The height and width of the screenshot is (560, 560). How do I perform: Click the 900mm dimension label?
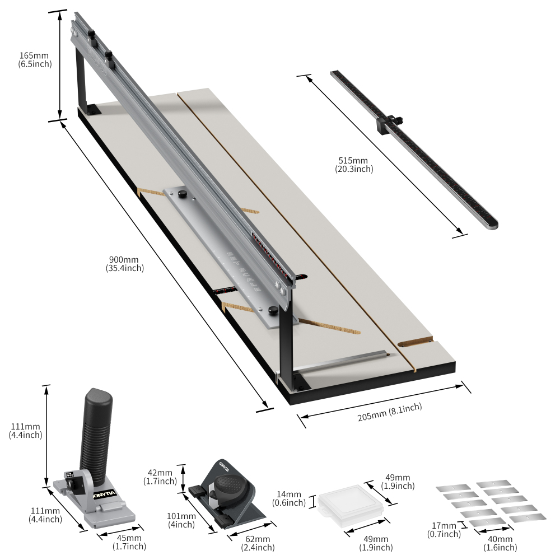coord(124,264)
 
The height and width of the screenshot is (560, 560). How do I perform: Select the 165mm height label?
coord(35,59)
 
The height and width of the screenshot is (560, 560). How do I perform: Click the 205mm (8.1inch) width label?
coord(389,413)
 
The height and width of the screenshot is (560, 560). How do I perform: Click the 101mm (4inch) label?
coord(181,520)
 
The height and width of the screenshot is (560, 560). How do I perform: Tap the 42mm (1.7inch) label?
coord(160,477)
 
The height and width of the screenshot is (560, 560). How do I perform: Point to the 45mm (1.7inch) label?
coord(129,542)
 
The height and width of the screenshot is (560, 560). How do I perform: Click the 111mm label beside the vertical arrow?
coord(25,430)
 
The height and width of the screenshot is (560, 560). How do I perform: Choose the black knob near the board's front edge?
coord(273,311)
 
